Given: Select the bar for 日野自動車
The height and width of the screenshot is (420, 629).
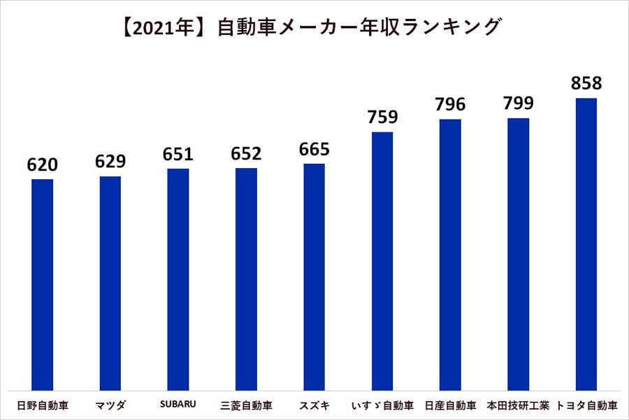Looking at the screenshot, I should (x=43, y=284).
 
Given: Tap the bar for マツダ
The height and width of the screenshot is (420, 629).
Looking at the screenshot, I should (x=110, y=283).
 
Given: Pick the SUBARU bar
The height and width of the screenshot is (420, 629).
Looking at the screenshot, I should (x=178, y=279).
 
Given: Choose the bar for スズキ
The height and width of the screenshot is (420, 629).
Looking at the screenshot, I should (x=314, y=276).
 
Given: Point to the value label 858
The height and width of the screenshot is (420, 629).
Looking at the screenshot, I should (x=586, y=83).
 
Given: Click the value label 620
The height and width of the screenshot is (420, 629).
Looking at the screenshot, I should (x=43, y=165).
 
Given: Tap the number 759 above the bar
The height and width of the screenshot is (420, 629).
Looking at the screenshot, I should (x=382, y=117).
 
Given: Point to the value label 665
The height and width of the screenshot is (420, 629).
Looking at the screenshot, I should (x=314, y=149).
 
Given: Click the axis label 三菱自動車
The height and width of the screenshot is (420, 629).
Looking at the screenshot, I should (x=246, y=405).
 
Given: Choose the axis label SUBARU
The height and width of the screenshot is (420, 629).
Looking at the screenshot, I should (x=179, y=405).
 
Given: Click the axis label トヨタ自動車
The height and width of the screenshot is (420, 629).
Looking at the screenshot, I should (x=586, y=405).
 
